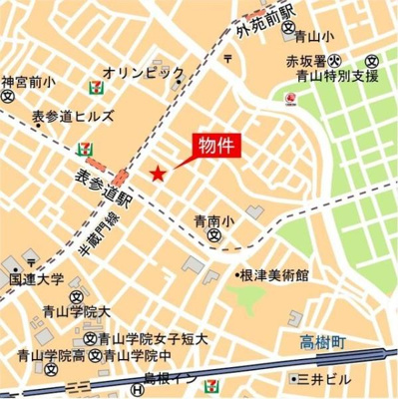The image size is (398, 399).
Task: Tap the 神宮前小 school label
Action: (x=27, y=81)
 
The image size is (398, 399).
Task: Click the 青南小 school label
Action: (x=213, y=220)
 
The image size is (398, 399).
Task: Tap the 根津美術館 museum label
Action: (x=275, y=274)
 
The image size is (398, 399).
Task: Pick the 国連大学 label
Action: (x=37, y=280)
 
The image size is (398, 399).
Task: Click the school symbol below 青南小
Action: (x=214, y=236)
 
